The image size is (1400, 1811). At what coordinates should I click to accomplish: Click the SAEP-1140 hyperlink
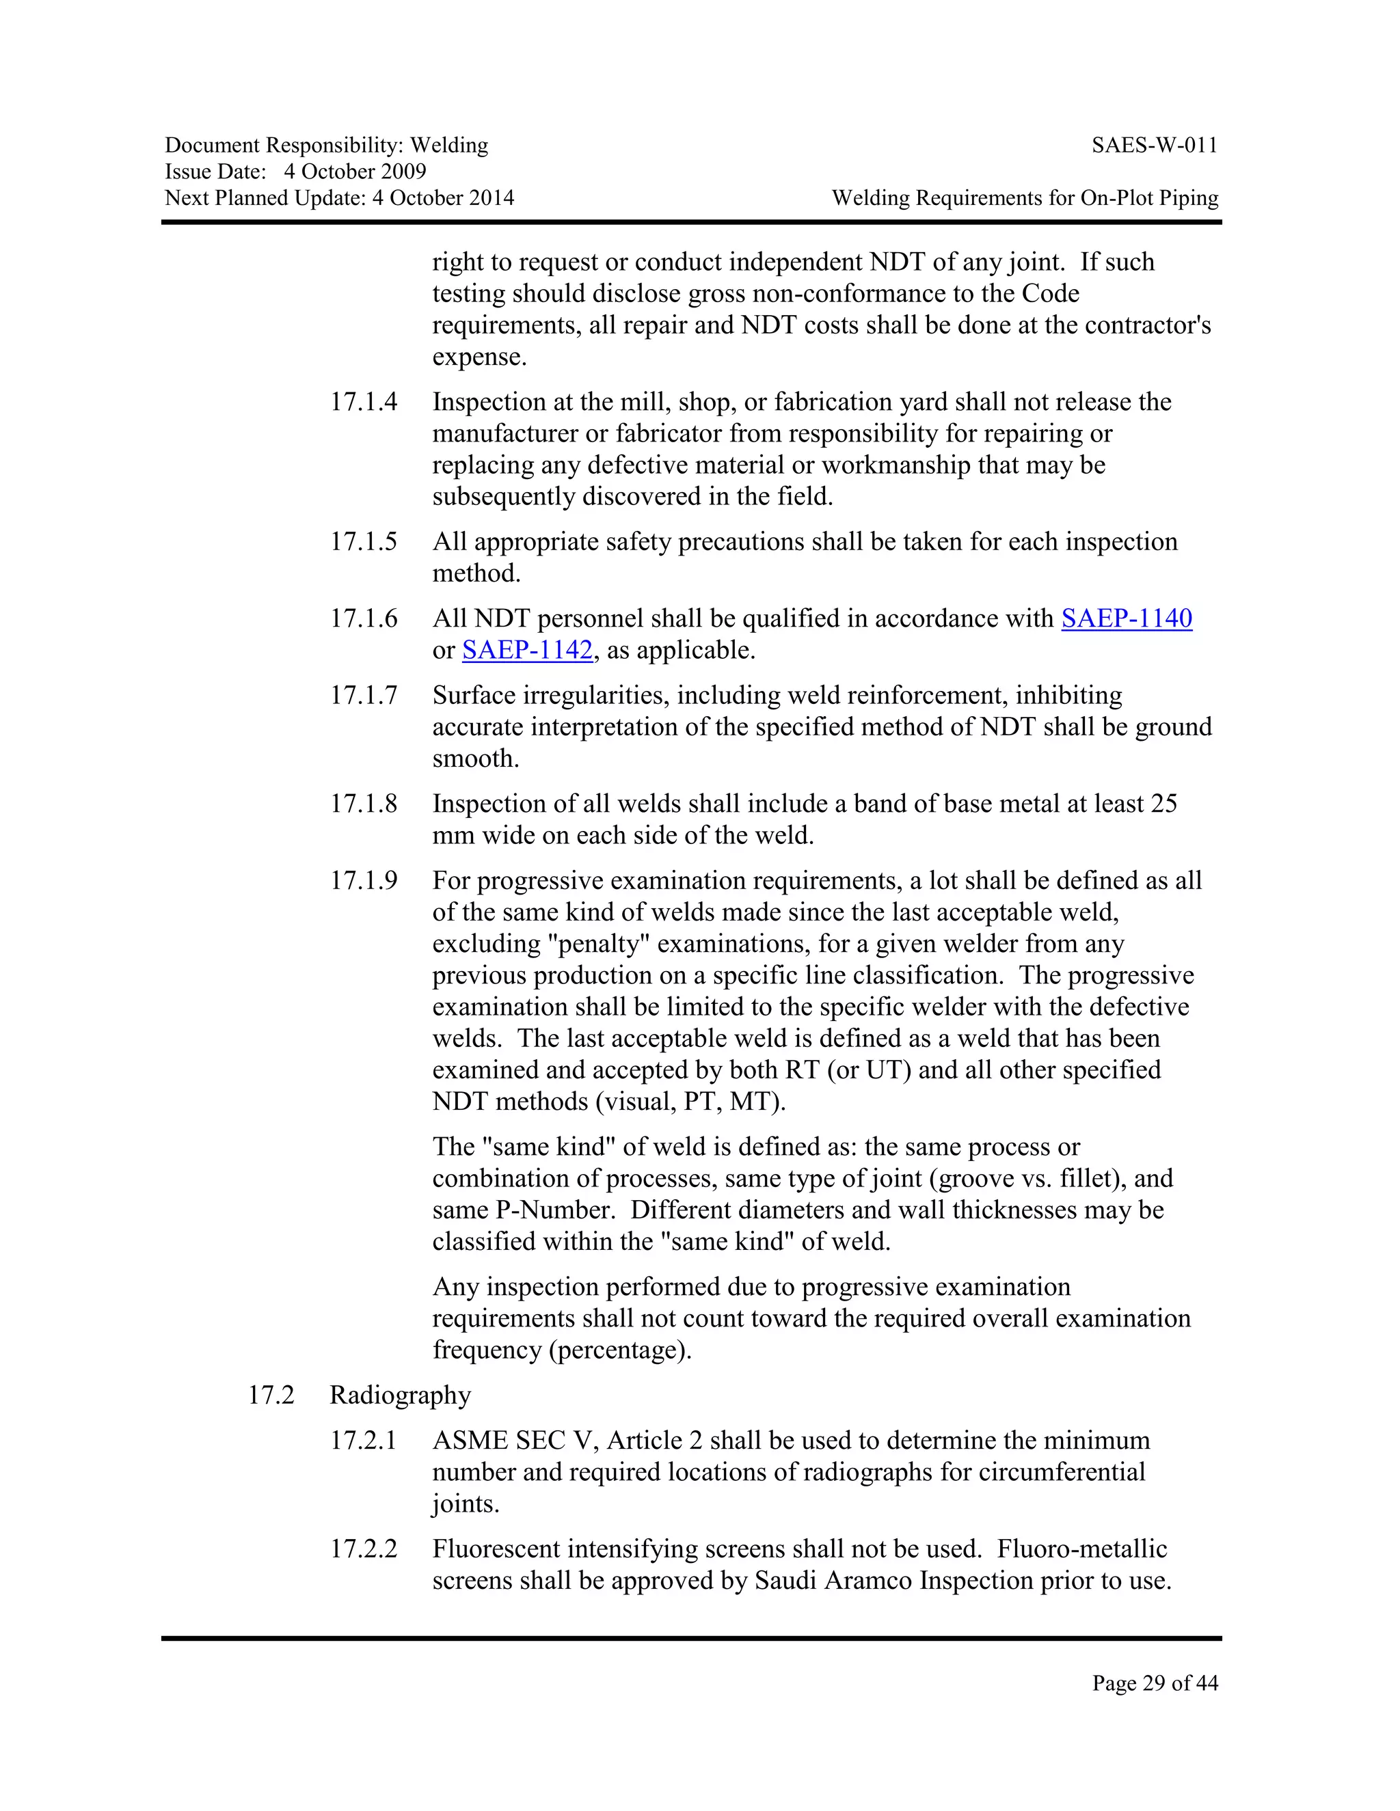click(1127, 618)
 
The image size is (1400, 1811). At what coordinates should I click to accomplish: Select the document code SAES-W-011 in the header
click(1155, 146)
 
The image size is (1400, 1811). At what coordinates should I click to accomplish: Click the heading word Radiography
click(400, 1395)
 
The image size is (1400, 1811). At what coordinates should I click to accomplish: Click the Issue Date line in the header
click(295, 172)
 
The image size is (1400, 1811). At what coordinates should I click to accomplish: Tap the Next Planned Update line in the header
click(339, 198)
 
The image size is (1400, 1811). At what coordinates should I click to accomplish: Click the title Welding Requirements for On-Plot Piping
click(1025, 198)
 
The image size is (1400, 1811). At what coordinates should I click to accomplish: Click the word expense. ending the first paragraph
click(479, 358)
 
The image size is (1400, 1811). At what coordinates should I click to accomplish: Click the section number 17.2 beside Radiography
click(271, 1395)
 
